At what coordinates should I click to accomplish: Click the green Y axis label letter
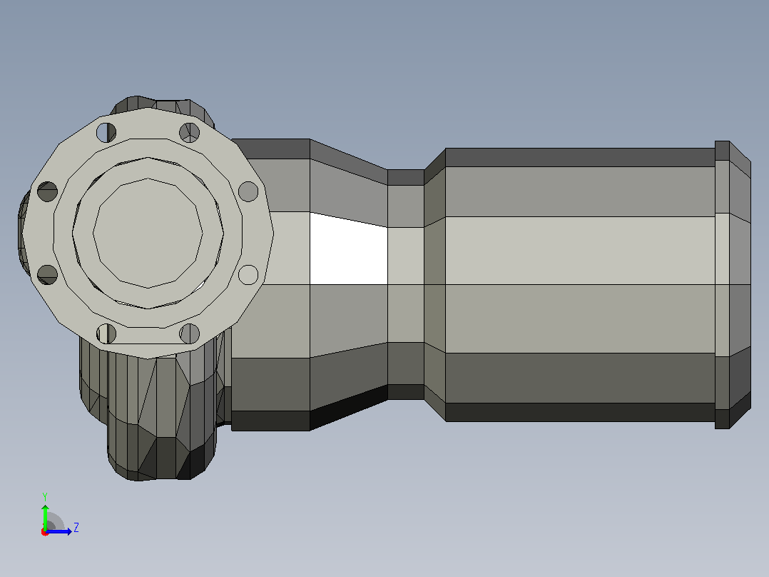[45, 497]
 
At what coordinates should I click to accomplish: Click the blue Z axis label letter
[76, 528]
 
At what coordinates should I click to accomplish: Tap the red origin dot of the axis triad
[45, 532]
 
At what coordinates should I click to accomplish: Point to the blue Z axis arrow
[58, 531]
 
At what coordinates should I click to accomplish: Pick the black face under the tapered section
[349, 408]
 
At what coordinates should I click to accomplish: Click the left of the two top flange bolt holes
[106, 133]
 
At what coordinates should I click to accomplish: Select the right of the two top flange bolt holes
[189, 133]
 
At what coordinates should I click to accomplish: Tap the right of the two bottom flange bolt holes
[189, 334]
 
